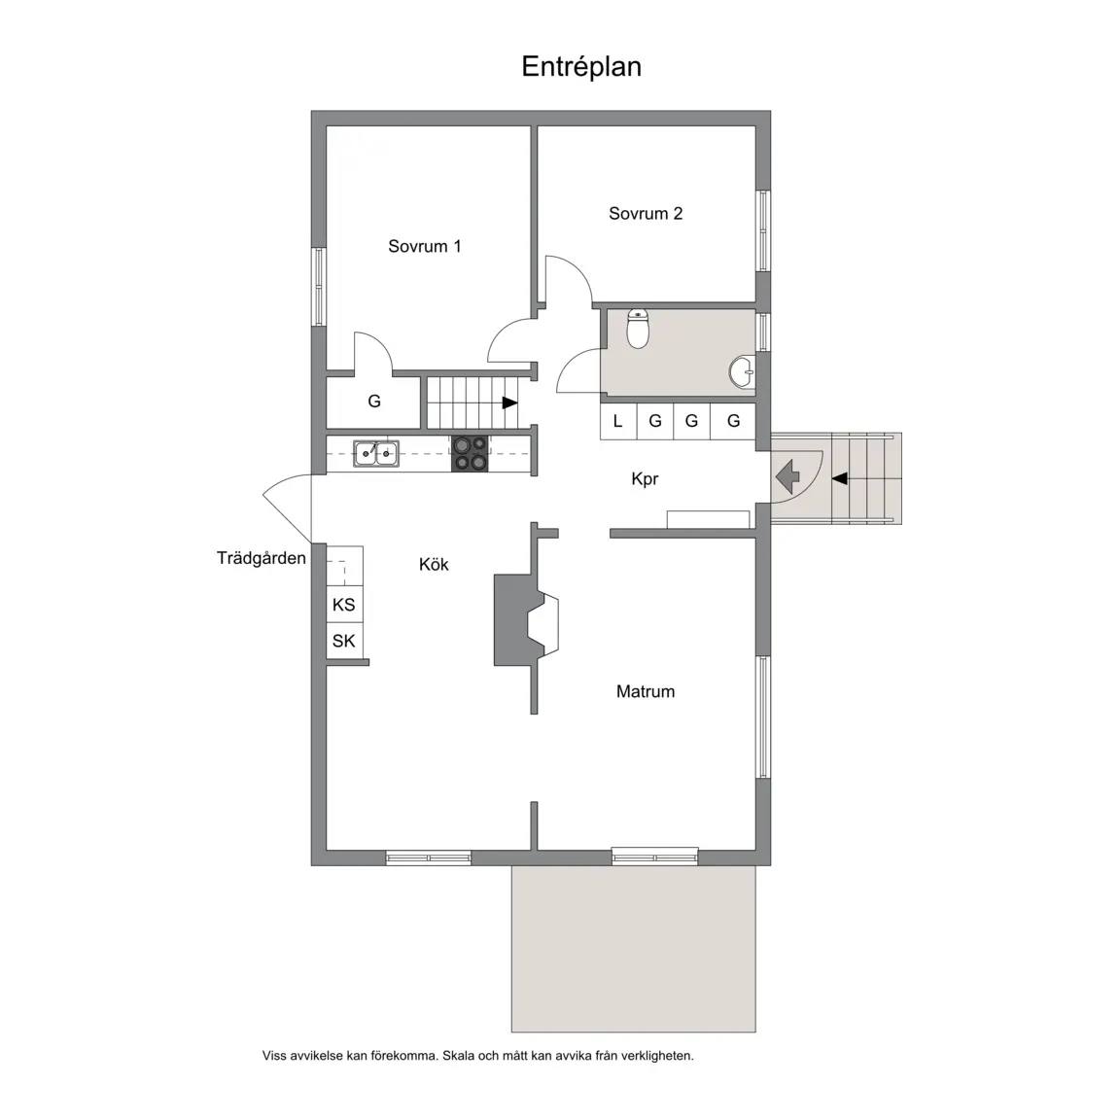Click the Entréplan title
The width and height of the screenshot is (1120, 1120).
[581, 66]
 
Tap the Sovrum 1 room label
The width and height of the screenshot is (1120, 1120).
[424, 246]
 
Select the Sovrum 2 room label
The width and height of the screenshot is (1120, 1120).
[645, 214]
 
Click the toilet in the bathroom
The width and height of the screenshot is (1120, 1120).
[637, 328]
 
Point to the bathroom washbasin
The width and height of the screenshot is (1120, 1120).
[742, 371]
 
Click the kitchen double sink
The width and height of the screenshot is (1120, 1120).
[375, 453]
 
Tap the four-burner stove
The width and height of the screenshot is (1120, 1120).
[470, 454]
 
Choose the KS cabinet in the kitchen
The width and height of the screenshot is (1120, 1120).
[344, 605]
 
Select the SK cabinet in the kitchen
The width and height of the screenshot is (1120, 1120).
[344, 641]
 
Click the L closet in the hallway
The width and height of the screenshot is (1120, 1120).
[618, 421]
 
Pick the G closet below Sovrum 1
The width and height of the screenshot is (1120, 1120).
[373, 402]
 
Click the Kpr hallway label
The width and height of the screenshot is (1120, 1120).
[645, 479]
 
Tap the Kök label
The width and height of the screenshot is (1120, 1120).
[434, 565]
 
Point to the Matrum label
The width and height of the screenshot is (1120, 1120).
[645, 691]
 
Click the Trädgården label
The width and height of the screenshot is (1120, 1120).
[262, 558]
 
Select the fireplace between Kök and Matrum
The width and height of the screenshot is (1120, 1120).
[526, 620]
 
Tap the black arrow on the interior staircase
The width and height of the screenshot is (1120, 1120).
[510, 402]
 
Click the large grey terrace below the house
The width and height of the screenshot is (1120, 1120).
[634, 949]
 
